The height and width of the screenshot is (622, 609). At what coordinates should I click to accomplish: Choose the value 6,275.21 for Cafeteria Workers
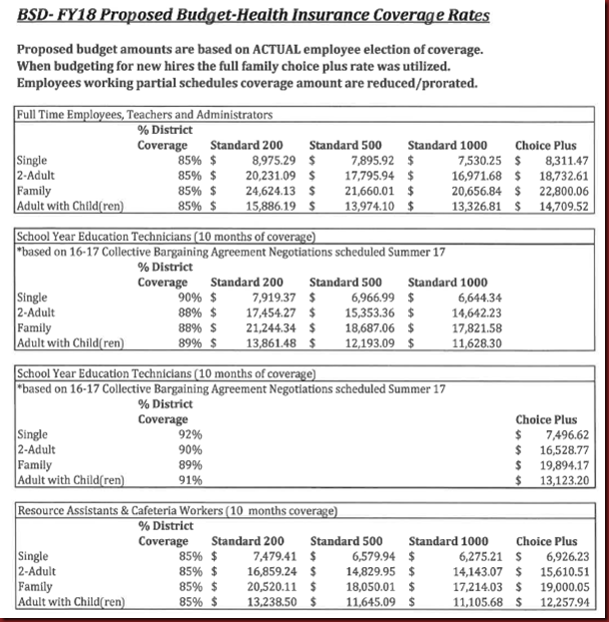coord(473,557)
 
